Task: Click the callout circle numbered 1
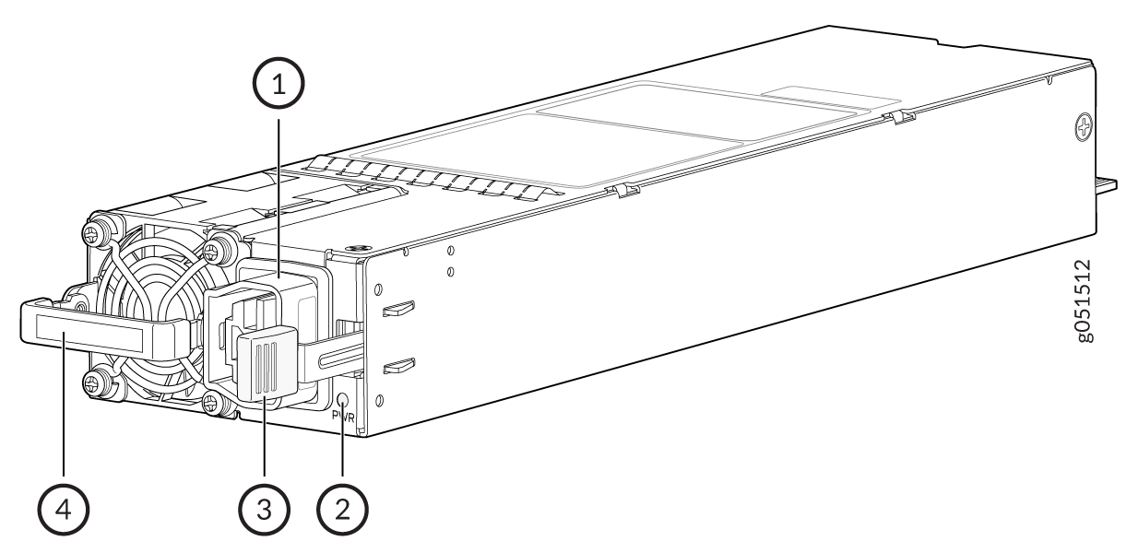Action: click(x=279, y=83)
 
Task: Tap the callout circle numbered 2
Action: click(x=342, y=510)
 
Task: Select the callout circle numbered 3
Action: click(x=264, y=510)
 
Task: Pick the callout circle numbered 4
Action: click(x=64, y=510)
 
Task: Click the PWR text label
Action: click(x=343, y=417)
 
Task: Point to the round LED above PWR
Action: click(x=343, y=400)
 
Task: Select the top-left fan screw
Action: click(x=94, y=233)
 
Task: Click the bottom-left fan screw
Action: click(x=93, y=384)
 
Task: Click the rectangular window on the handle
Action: click(x=89, y=334)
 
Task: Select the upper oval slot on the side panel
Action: click(x=398, y=309)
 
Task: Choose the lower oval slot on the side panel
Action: click(x=398, y=366)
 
